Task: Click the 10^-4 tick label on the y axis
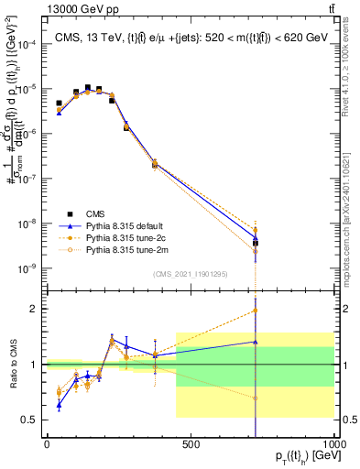tap(28, 44)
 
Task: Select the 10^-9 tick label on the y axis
tap(28, 268)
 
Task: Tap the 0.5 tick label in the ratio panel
tap(31, 420)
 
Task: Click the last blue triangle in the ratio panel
tap(256, 342)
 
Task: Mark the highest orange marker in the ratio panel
tap(256, 310)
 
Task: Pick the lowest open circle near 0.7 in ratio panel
tap(256, 398)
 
